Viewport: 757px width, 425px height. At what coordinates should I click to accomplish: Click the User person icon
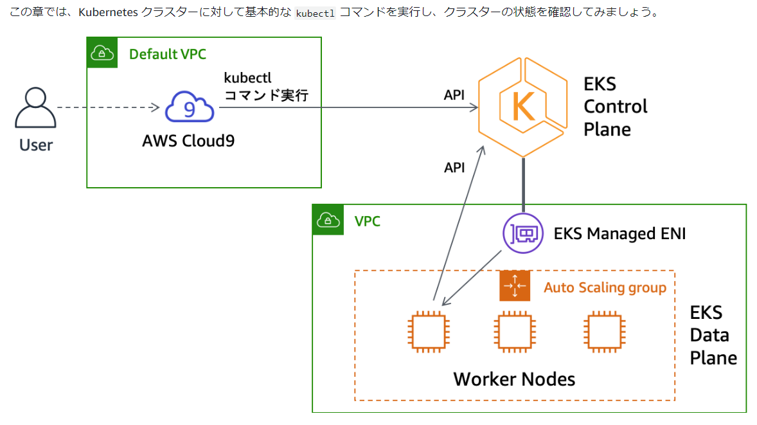35,109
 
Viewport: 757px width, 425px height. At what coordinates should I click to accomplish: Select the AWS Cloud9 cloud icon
190,107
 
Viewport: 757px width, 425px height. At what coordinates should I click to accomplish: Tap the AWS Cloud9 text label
188,140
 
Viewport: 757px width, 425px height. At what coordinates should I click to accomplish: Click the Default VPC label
168,54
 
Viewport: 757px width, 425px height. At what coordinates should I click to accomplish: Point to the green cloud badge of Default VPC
103,53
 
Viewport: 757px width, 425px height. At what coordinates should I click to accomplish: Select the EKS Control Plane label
615,107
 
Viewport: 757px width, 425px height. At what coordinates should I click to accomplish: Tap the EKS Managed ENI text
619,233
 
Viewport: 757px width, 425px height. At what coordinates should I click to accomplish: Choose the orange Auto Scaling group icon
515,285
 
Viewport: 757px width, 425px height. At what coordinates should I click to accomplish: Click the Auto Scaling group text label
605,287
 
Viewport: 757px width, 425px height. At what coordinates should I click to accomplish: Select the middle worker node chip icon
515,332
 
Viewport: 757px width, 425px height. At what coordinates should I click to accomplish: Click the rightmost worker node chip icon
604,332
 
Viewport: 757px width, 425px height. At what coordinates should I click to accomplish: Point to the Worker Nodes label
514,379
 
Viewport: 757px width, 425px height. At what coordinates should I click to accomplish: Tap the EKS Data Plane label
713,335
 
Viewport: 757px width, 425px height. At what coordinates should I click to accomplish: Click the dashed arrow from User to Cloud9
106,107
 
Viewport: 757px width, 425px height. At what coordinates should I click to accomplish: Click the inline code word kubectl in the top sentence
315,13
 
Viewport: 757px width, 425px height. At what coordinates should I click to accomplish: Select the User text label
36,145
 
